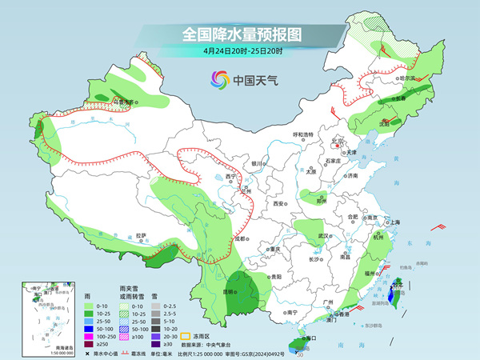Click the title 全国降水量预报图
pyautogui.click(x=240, y=34)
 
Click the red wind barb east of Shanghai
pyautogui.click(x=437, y=228)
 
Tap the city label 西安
pyautogui.click(x=280, y=205)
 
